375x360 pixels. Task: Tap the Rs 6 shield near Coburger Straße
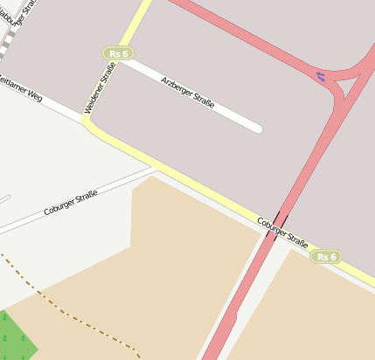[326, 257]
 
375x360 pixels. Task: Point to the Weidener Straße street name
[99, 87]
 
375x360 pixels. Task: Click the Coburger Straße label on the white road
[70, 205]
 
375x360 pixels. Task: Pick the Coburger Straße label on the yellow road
[282, 231]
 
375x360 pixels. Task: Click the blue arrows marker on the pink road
[320, 77]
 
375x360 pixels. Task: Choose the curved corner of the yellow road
[91, 126]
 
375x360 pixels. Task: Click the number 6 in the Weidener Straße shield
[125, 54]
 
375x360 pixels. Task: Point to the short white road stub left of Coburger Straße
[3, 199]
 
